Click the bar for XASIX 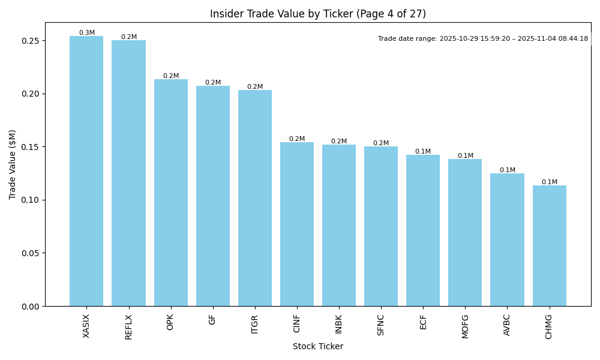[86, 171]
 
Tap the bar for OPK [170, 193]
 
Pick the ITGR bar [255, 198]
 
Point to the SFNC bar [381, 226]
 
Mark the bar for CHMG [549, 245]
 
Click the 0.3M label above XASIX [86, 33]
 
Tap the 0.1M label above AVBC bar [507, 170]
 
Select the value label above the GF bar [213, 83]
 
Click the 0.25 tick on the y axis [31, 41]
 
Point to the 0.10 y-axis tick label [31, 200]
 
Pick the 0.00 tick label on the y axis [31, 306]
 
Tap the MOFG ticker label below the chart [465, 326]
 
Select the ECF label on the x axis [423, 322]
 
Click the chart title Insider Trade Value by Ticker [318, 14]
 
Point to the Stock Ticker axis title [318, 346]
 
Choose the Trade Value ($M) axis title [13, 164]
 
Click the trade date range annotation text [483, 39]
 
